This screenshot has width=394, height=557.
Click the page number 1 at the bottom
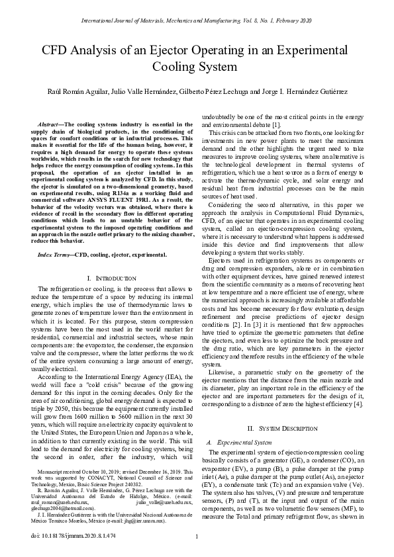tap(197, 536)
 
